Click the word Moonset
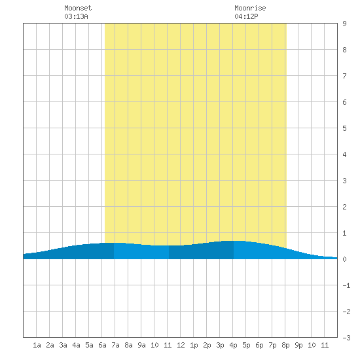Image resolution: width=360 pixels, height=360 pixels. (78, 8)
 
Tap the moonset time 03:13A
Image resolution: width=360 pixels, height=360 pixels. (76, 16)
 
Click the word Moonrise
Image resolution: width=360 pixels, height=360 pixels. (250, 8)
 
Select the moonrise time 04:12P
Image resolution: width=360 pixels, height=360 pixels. (246, 16)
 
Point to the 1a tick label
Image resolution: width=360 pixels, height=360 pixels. (37, 345)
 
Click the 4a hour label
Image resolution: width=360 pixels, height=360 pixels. (76, 345)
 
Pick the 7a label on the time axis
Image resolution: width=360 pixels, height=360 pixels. (115, 345)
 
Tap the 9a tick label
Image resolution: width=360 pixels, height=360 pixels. (141, 345)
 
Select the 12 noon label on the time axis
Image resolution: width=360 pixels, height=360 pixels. (181, 345)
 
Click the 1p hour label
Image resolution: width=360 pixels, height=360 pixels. (194, 345)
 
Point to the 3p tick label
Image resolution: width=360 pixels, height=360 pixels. (220, 345)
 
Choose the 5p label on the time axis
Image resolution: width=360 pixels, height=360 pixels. (246, 345)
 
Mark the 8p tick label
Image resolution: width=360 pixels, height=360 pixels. (285, 345)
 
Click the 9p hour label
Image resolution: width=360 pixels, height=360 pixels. (298, 345)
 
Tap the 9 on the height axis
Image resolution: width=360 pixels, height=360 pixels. (344, 24)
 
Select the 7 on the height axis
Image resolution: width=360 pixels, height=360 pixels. (344, 76)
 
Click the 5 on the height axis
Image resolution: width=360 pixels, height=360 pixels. (344, 128)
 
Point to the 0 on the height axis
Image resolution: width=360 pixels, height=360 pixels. (344, 259)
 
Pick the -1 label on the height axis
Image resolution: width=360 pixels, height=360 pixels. (346, 285)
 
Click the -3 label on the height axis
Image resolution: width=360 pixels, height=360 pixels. (346, 338)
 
